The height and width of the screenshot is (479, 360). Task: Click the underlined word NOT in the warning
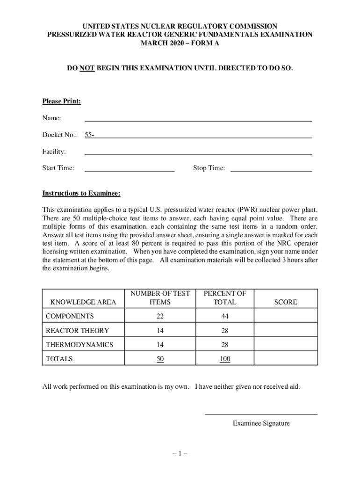87,68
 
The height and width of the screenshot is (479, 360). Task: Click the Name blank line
198,120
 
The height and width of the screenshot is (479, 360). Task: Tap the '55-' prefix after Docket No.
89,135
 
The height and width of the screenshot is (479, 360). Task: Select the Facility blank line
198,153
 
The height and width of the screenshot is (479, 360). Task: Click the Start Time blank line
129,171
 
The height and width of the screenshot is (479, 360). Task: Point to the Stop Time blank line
271,171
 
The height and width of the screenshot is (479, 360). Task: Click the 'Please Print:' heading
62,101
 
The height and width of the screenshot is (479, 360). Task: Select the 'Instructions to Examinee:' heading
81,194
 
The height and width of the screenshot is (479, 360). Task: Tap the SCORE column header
286,302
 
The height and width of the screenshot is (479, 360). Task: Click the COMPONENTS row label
70,316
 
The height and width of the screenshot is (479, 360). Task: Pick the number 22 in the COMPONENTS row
160,316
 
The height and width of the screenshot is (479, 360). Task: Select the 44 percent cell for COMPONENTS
224,316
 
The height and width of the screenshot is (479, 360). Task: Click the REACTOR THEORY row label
77,331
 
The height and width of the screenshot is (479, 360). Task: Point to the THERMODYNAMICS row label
79,345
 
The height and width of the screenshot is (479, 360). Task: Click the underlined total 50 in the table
160,359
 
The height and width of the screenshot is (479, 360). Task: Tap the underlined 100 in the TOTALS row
224,359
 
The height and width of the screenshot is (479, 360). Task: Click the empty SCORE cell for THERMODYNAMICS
286,345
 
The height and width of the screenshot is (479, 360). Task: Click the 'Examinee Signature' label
261,423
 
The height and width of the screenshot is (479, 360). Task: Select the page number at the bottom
180,453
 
